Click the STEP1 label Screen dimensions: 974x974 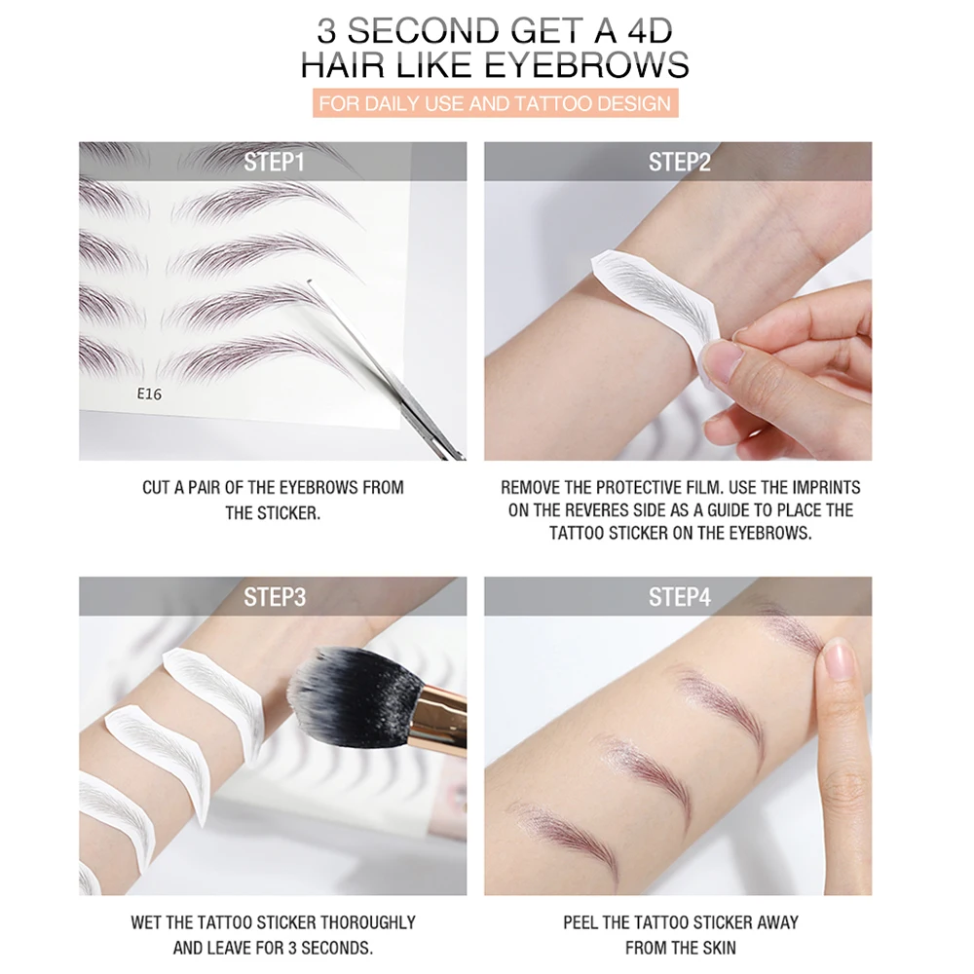(274, 162)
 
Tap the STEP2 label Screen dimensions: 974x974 (679, 162)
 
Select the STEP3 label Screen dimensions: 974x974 (274, 596)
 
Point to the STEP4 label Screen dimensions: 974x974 (679, 596)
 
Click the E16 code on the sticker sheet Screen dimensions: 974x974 (149, 395)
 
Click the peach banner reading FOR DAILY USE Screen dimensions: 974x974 (495, 102)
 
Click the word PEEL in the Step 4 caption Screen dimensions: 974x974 (581, 921)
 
